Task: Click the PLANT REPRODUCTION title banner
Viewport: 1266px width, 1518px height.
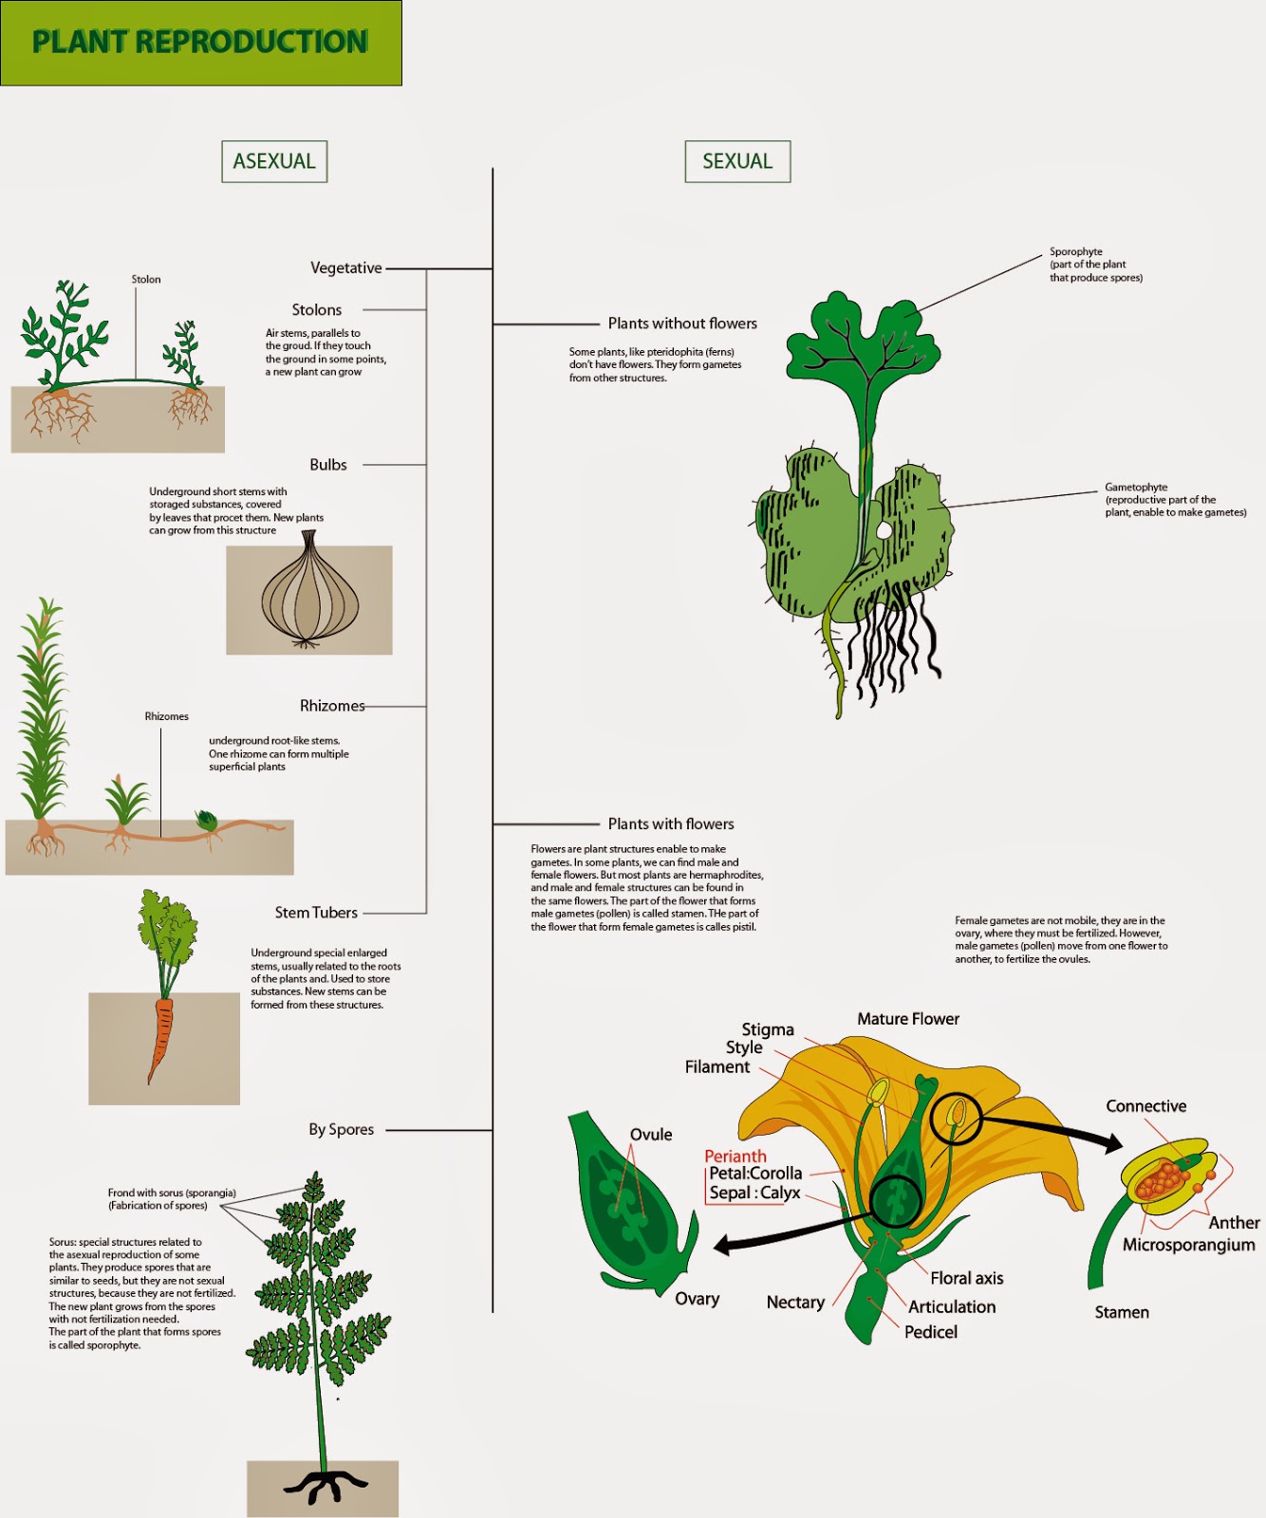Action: [x=200, y=43]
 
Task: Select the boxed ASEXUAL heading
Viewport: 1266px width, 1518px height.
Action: [x=274, y=161]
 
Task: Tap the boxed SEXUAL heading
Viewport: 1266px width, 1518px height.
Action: [x=737, y=161]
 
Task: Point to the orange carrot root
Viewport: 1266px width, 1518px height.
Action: [x=161, y=1038]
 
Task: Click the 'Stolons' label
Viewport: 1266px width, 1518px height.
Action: [x=316, y=310]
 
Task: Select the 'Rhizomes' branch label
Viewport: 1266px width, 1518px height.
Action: [x=332, y=706]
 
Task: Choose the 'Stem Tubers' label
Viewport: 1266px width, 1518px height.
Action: [x=316, y=913]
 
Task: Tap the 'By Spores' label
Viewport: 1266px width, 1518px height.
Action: [x=341, y=1130]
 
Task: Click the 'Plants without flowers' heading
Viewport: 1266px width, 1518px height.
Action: [x=682, y=324]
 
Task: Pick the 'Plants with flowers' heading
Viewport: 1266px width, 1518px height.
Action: [x=671, y=824]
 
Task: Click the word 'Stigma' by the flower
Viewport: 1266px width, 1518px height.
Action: [x=768, y=1029]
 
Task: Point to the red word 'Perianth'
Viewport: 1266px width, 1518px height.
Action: [x=735, y=1156]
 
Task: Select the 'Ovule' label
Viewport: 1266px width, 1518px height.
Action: [x=651, y=1135]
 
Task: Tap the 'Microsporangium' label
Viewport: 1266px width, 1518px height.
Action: [x=1188, y=1245]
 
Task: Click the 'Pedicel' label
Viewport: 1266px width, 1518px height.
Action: [x=931, y=1332]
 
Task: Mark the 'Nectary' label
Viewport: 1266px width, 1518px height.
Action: [x=795, y=1303]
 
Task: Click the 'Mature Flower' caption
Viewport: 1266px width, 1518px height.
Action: [x=908, y=1019]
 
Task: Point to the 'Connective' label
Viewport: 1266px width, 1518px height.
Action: [x=1146, y=1106]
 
